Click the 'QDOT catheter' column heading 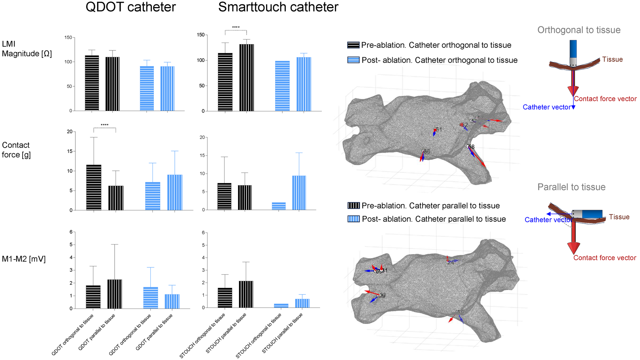point(131,7)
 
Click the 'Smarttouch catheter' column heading point(278,7)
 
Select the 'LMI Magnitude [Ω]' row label point(27,49)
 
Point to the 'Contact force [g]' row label point(16,150)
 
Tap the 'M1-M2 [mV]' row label point(24,259)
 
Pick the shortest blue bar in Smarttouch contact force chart point(279,206)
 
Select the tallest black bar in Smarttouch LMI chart point(246,77)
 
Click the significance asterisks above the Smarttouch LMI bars point(236,27)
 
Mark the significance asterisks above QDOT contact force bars point(104,125)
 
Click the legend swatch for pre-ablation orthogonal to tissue point(353,45)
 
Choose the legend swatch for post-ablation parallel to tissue point(354,219)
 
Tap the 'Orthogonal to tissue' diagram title point(579,30)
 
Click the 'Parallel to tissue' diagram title point(571,187)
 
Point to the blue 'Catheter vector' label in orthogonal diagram point(546,107)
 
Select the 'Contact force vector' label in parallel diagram point(605,258)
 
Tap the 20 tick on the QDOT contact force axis point(70,132)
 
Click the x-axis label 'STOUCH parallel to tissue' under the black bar point(226,333)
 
